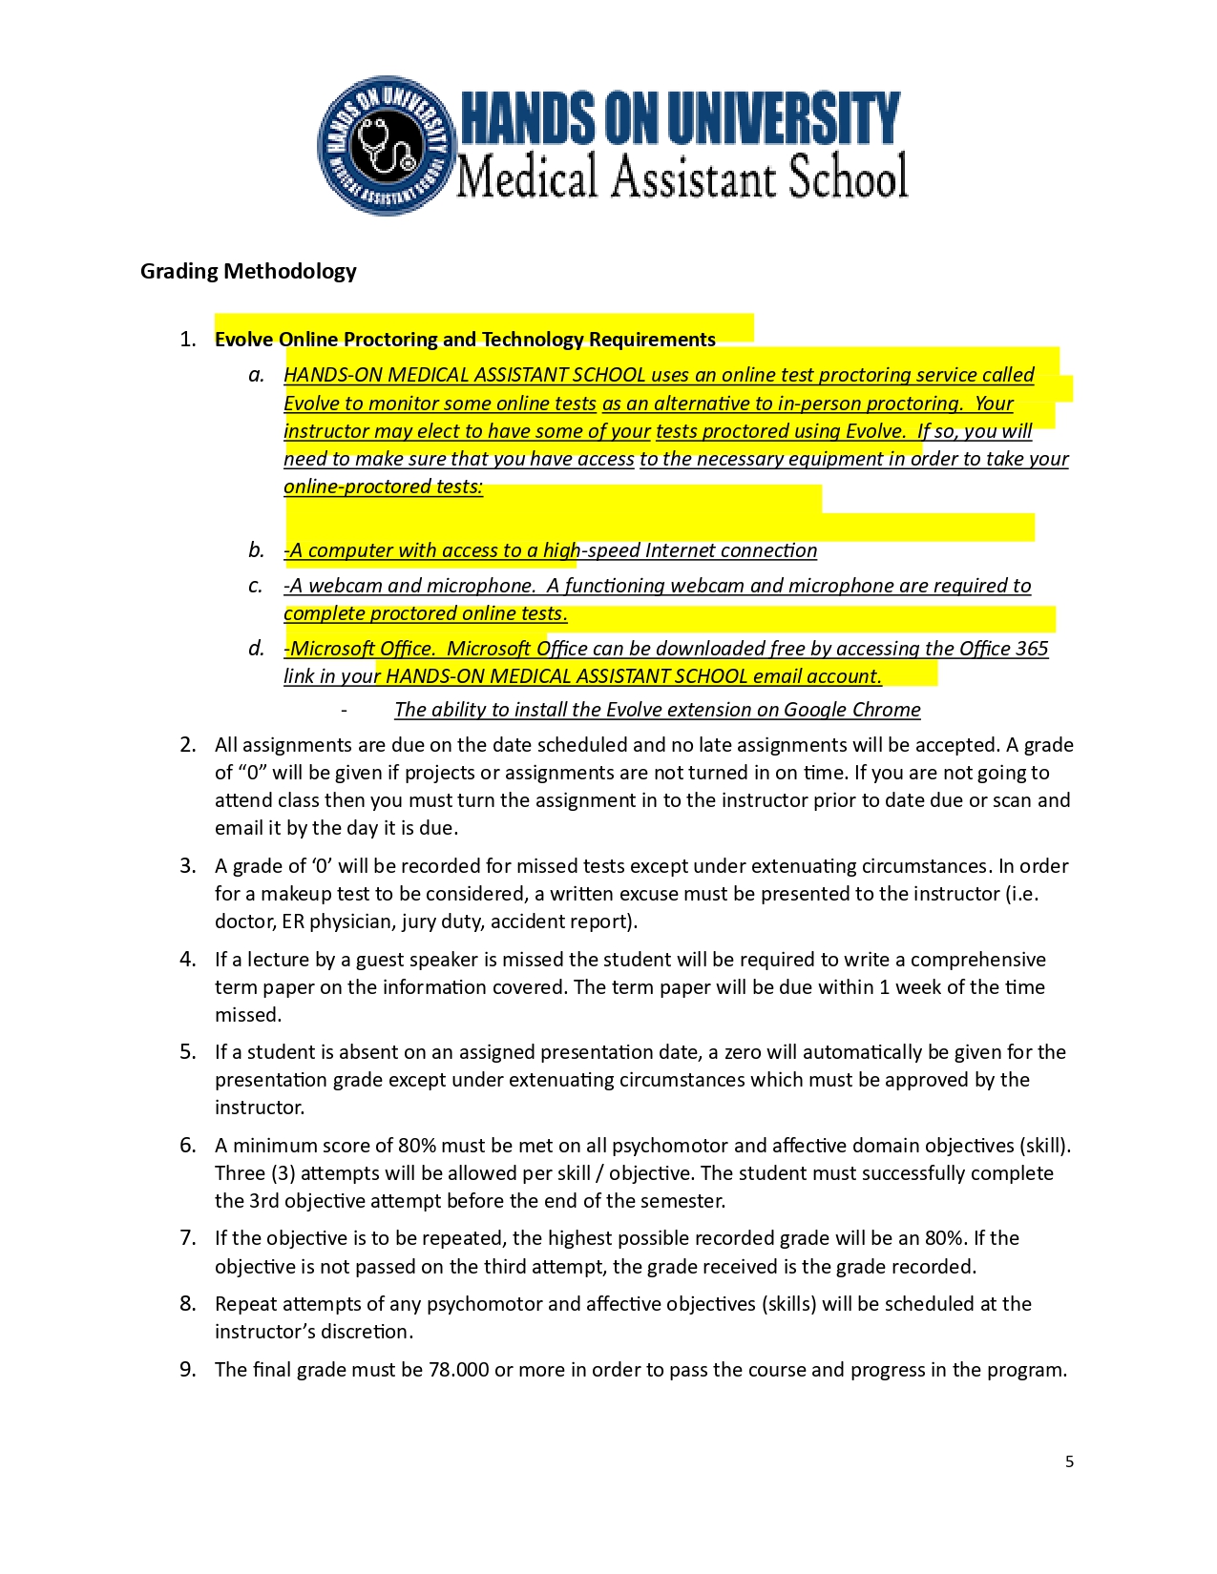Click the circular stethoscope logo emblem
tap(385, 146)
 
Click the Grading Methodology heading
tap(248, 272)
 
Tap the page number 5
tap(1069, 1461)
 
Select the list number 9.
tap(187, 1370)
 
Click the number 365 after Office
tap(1032, 649)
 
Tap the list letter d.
tap(256, 649)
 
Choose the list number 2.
tap(187, 745)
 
